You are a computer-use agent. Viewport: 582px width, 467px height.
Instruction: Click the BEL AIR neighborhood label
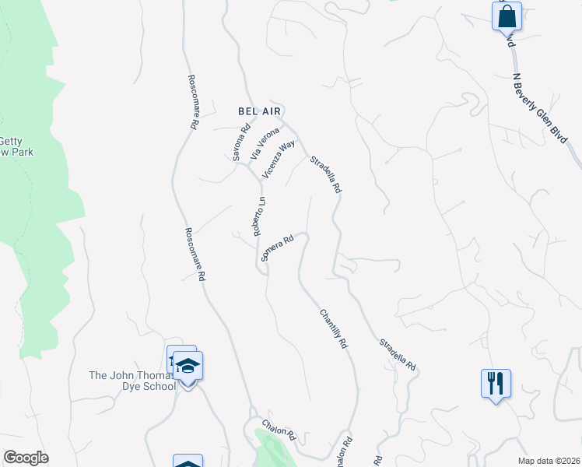pyautogui.click(x=258, y=111)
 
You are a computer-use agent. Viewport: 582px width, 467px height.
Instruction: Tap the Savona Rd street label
pyautogui.click(x=241, y=142)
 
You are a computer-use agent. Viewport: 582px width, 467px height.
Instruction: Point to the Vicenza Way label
pyautogui.click(x=279, y=159)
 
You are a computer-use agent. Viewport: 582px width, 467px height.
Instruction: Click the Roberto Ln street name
pyautogui.click(x=259, y=216)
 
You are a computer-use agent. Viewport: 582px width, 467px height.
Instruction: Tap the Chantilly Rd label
pyautogui.click(x=333, y=328)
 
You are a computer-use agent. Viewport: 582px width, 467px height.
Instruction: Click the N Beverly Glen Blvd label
pyautogui.click(x=539, y=107)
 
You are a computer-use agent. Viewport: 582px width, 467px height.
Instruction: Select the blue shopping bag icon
pyautogui.click(x=507, y=15)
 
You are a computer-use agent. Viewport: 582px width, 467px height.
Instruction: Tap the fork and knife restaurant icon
pyautogui.click(x=496, y=383)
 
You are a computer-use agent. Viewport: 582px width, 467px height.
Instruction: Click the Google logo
pyautogui.click(x=26, y=458)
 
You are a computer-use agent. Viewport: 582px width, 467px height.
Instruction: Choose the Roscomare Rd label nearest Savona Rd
pyautogui.click(x=192, y=101)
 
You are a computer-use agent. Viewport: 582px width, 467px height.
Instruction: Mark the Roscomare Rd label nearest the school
pyautogui.click(x=195, y=254)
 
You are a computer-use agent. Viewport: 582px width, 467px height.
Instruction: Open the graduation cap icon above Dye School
pyautogui.click(x=188, y=363)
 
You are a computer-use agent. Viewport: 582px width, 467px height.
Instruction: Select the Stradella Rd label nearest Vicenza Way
pyautogui.click(x=326, y=175)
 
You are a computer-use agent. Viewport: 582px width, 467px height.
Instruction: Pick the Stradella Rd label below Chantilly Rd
pyautogui.click(x=398, y=353)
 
